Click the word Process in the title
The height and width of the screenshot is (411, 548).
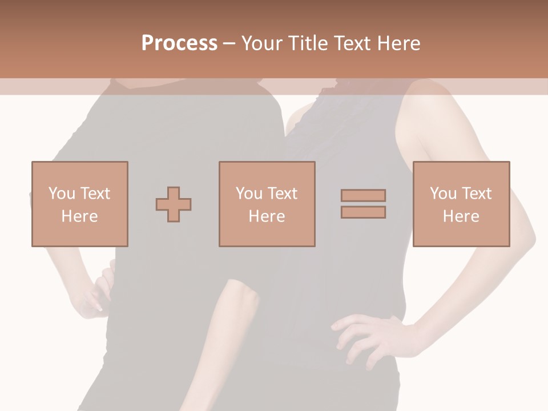click(179, 43)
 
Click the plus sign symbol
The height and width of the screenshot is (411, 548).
click(174, 204)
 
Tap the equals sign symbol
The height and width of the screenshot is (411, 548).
click(363, 204)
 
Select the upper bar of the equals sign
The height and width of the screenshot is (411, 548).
click(363, 195)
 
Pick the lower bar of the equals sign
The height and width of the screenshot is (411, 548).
click(363, 212)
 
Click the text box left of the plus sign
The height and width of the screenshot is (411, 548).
click(79, 204)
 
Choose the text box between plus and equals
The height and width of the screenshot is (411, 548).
click(267, 204)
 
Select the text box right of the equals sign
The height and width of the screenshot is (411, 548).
click(461, 204)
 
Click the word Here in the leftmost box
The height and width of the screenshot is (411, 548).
click(79, 216)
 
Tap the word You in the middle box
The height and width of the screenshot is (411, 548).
click(249, 194)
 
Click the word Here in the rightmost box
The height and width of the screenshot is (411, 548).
click(461, 216)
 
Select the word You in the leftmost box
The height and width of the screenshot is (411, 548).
click(62, 194)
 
